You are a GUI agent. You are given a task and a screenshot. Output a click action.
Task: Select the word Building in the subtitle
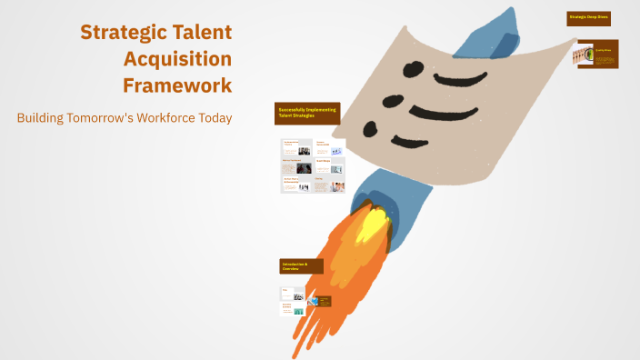pyautogui.click(x=43, y=118)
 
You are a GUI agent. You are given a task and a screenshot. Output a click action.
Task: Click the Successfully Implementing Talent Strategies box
pyautogui.click(x=307, y=113)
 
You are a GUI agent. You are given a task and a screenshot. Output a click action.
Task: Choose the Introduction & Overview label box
pyautogui.click(x=301, y=266)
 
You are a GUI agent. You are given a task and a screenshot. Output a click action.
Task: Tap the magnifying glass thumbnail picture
pyautogui.click(x=583, y=55)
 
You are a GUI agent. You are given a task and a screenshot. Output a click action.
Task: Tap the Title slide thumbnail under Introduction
pyautogui.click(x=292, y=293)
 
